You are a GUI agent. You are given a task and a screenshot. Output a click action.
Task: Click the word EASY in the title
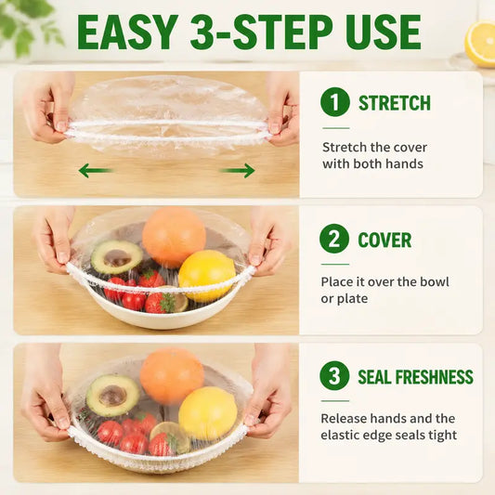127,32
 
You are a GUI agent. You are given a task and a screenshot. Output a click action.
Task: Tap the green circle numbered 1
335,102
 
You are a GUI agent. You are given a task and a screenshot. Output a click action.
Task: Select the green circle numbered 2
334,239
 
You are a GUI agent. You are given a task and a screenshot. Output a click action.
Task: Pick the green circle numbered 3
334,376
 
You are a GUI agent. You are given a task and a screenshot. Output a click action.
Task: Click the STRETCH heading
395,102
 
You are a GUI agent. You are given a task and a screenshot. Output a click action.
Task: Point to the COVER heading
384,240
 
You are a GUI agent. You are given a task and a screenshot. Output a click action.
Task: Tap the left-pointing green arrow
96,171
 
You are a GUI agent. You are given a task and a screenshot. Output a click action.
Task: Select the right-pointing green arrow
238,171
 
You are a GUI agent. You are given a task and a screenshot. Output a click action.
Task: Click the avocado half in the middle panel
117,256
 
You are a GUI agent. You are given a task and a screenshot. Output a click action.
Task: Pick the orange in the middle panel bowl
174,235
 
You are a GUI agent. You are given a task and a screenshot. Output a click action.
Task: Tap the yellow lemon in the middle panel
207,276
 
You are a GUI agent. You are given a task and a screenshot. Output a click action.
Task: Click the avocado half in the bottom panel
112,395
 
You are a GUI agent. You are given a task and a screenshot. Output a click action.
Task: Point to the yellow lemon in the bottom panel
208,413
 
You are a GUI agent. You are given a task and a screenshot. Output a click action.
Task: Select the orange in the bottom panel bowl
172,376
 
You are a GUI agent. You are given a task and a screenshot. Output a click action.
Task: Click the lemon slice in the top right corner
480,44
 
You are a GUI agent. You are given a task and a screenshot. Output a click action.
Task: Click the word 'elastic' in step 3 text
340,435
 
